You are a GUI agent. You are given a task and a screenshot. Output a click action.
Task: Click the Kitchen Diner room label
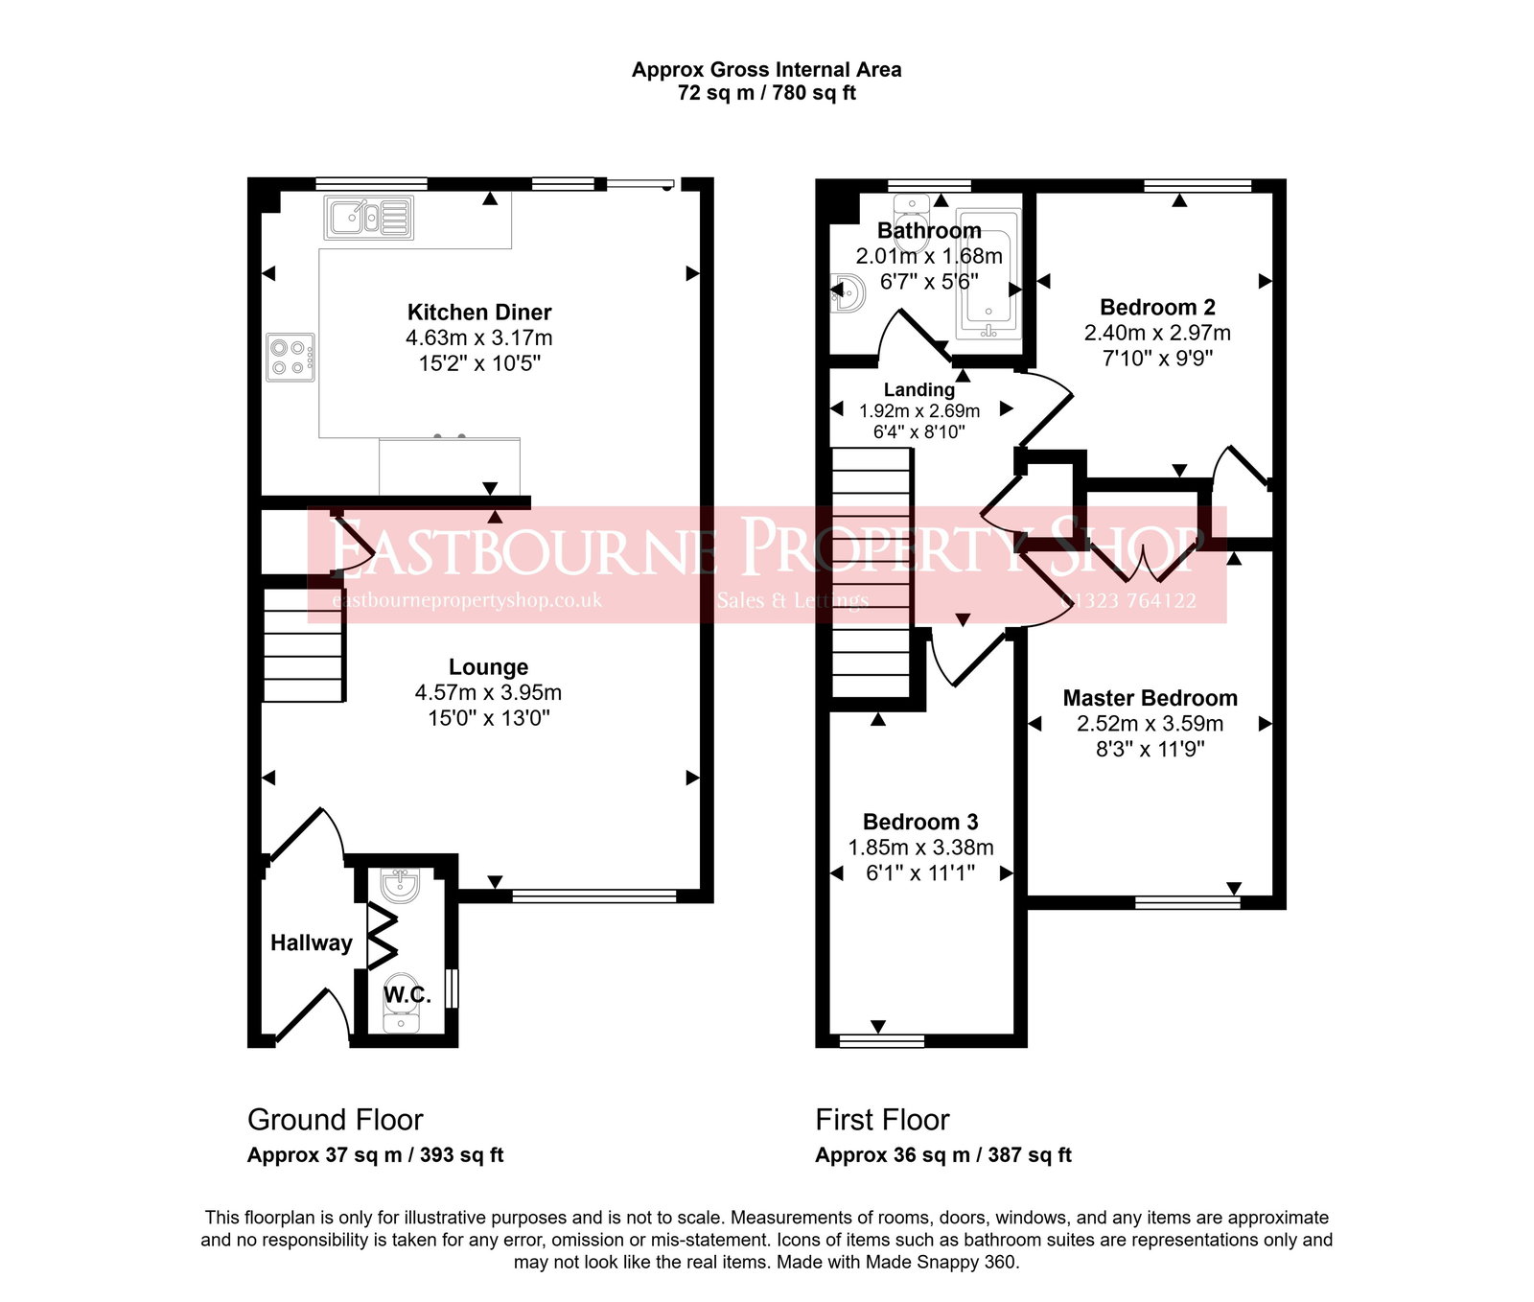pos(478,313)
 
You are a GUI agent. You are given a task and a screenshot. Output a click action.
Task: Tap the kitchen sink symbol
pos(369,218)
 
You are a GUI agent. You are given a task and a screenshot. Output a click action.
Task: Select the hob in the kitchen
pos(290,358)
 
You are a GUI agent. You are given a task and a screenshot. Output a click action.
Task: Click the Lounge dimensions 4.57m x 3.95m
pos(488,692)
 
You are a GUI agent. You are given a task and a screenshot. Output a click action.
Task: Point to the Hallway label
pos(311,942)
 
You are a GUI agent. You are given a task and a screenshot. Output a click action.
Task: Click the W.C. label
pos(407,995)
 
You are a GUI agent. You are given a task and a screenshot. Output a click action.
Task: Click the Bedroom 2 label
pos(1157,308)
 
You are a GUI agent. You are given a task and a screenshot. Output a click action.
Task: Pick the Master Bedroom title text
pos(1150,698)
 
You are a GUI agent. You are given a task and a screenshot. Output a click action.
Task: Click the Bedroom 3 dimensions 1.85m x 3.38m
pos(920,848)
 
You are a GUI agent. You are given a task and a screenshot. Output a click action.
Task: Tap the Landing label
pos(918,389)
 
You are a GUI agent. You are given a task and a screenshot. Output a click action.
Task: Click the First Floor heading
pos(882,1120)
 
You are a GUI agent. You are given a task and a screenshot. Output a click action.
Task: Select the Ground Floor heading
pos(335,1120)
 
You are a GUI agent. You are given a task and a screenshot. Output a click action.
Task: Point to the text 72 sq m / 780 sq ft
pos(766,93)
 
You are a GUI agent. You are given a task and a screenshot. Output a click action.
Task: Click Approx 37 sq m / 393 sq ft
pos(375,1155)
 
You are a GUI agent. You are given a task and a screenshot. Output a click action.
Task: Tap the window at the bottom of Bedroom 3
pos(881,1040)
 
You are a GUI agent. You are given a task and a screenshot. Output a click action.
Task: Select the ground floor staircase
pos(303,645)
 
